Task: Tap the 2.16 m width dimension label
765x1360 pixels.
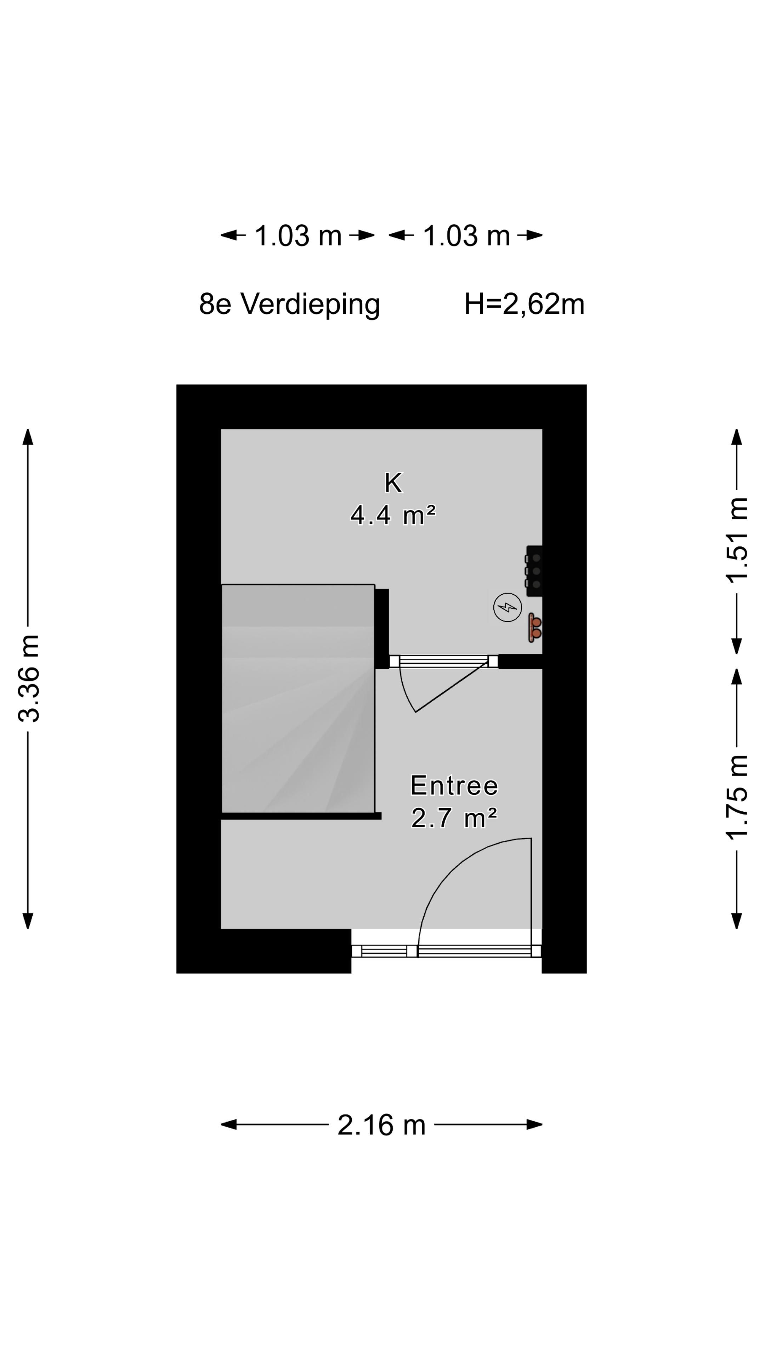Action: [381, 1125]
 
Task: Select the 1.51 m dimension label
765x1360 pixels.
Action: [737, 539]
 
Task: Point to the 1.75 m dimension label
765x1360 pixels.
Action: [737, 797]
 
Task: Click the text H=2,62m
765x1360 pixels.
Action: [524, 305]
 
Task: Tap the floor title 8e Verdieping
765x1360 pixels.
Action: [289, 305]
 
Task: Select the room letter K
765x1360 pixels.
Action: [393, 482]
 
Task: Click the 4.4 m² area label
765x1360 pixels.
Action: [393, 515]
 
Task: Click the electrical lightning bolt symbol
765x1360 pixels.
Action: [508, 608]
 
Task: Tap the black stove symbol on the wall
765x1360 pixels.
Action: [534, 571]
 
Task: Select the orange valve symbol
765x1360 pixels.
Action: [535, 627]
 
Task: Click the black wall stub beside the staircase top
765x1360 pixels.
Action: [382, 628]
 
